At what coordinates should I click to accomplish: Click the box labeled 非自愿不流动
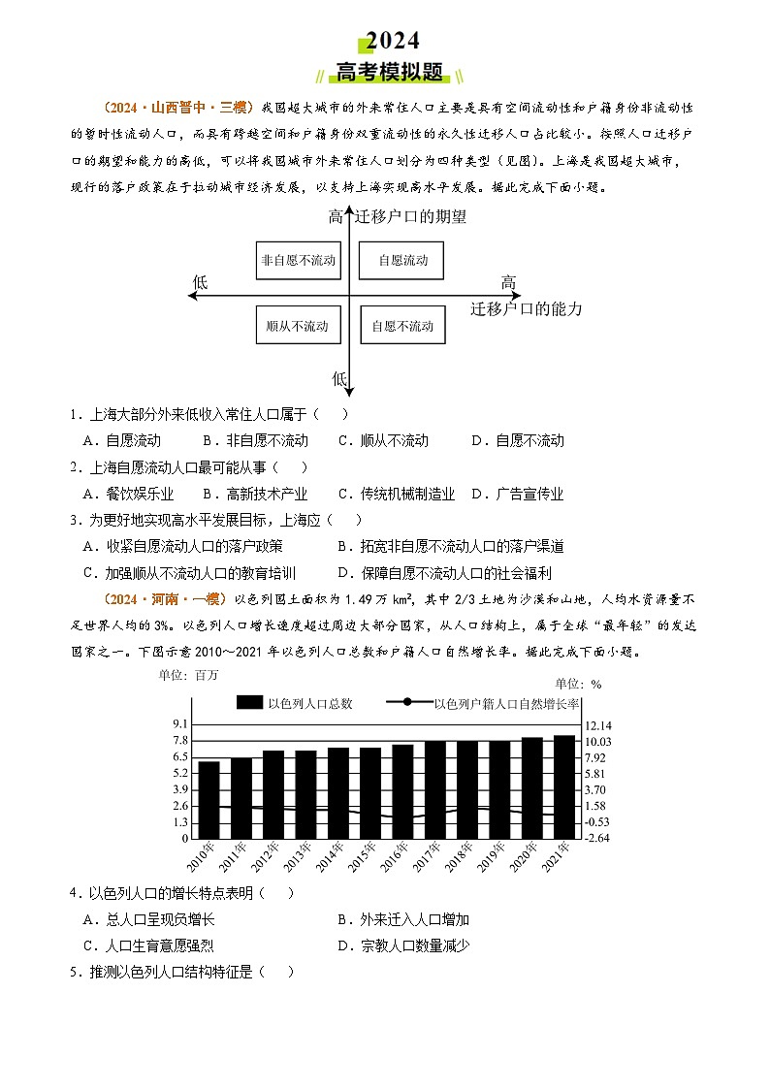(298, 261)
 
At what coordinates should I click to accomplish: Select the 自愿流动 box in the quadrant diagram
(402, 261)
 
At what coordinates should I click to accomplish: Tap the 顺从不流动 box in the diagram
(298, 326)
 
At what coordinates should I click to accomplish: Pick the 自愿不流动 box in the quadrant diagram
(402, 326)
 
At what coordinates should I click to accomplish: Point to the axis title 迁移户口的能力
(527, 309)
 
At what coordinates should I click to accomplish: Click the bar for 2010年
(209, 799)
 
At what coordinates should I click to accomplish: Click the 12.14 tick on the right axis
(598, 725)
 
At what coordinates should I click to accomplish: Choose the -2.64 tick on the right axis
(597, 838)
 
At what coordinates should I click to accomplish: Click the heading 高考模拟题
(388, 74)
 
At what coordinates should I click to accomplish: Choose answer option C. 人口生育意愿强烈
(159, 945)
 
